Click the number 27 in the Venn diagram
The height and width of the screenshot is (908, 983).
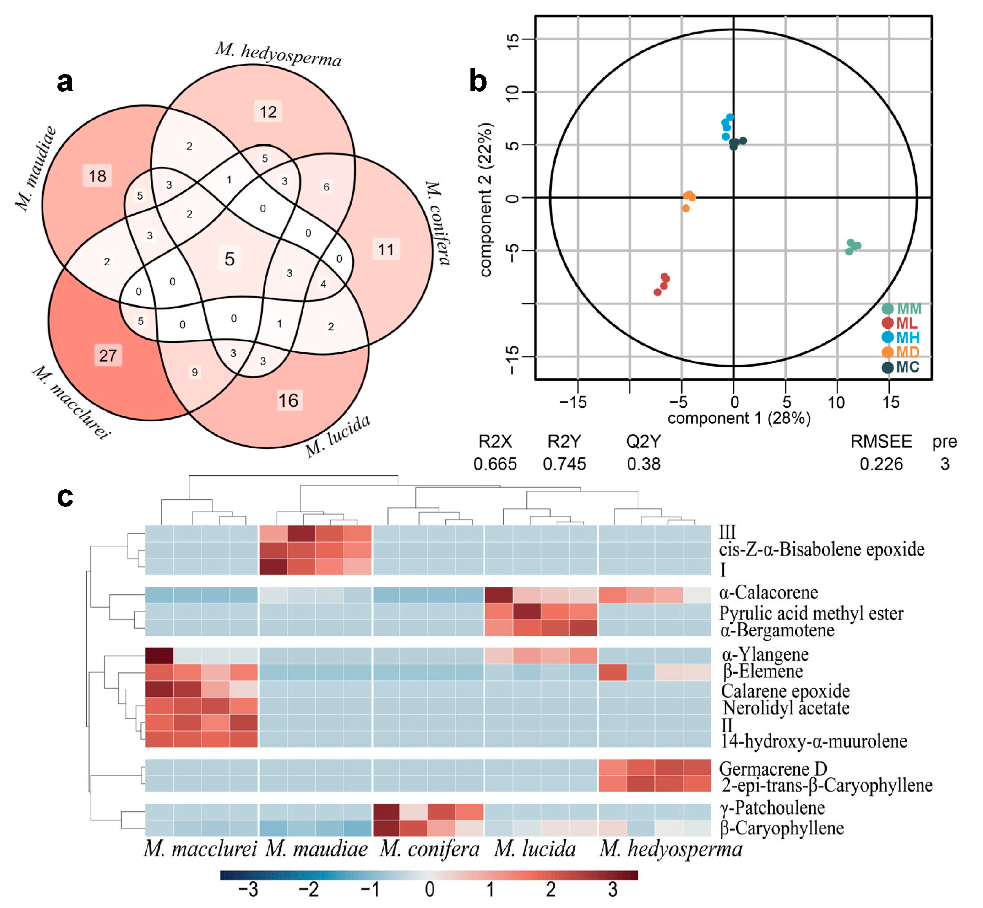coord(108,355)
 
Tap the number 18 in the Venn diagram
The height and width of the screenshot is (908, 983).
coord(97,176)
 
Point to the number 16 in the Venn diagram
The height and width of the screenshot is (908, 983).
coord(288,401)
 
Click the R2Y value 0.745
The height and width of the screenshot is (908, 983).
coord(564,464)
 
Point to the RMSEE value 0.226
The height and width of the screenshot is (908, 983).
coord(881,464)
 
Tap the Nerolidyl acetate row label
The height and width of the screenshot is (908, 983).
coord(786,708)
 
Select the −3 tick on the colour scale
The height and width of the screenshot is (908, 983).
coord(248,890)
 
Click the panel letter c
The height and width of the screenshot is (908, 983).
coord(65,497)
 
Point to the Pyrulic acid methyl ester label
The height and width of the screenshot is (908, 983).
coord(811,613)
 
